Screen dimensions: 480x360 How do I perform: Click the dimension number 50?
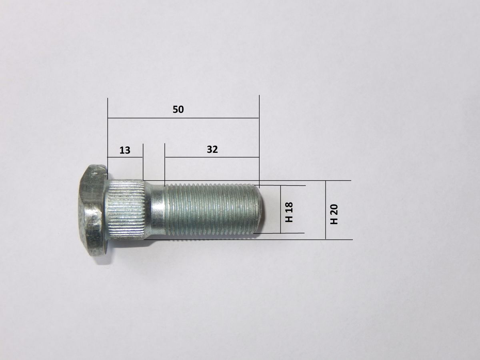(178, 110)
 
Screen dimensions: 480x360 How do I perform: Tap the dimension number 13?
(125, 150)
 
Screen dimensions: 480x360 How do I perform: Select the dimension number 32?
(212, 150)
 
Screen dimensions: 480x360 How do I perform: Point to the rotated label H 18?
(289, 212)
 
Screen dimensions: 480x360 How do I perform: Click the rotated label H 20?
(334, 214)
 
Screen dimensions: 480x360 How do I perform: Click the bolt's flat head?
(92, 210)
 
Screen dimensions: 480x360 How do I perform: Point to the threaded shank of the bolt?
(212, 209)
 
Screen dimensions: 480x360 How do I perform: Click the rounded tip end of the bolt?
(263, 209)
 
